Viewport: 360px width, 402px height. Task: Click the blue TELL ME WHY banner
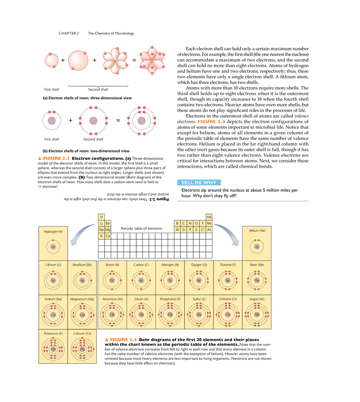click(x=198, y=182)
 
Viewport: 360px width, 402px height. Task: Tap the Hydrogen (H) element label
click(x=53, y=232)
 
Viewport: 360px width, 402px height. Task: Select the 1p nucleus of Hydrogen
click(x=53, y=247)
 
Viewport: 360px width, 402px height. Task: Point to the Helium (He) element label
click(x=257, y=231)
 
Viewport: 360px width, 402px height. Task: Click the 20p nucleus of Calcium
click(x=82, y=349)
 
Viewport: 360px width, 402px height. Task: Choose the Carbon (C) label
click(x=141, y=265)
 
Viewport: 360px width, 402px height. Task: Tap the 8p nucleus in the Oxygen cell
click(x=199, y=281)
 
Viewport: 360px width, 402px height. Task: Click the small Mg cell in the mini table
click(x=108, y=230)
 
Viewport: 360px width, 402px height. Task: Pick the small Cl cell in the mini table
click(x=202, y=229)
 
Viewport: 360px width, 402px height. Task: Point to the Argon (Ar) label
click(x=257, y=299)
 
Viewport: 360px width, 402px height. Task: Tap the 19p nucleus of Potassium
click(x=53, y=349)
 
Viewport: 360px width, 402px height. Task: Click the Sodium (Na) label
click(x=53, y=299)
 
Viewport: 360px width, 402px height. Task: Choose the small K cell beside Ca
click(x=101, y=236)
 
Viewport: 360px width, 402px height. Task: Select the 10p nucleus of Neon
click(x=257, y=281)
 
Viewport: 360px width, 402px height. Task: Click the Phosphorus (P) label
click(x=170, y=299)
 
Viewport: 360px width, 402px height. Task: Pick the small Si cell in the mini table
click(x=184, y=229)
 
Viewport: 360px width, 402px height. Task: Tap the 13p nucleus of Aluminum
click(x=112, y=314)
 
